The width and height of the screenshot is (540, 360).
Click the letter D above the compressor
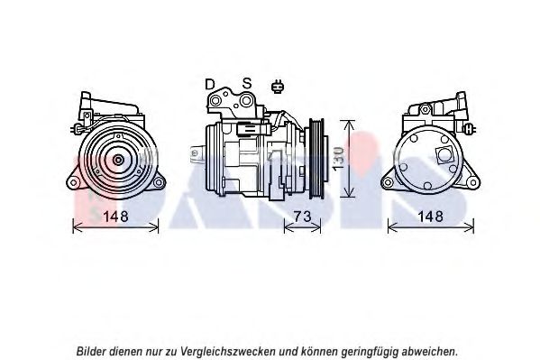tap(210, 84)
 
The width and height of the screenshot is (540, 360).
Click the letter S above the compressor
tap(247, 83)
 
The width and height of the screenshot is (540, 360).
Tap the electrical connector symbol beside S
tap(277, 87)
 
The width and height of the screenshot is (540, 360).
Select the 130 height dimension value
tap(339, 158)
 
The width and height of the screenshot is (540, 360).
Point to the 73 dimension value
tap(302, 217)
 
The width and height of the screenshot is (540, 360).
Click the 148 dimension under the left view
tap(115, 217)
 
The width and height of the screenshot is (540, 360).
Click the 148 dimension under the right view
tap(430, 217)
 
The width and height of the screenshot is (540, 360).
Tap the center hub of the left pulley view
tap(118, 160)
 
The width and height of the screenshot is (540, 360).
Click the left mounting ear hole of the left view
tap(73, 182)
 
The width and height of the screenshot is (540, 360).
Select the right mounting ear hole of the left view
tap(159, 182)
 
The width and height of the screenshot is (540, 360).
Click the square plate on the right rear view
tap(444, 155)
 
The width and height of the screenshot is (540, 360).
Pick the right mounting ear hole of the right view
tap(473, 183)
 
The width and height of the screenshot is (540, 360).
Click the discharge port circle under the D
tap(215, 101)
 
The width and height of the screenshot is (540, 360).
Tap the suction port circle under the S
tap(246, 101)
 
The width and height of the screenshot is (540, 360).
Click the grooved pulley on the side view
tap(316, 159)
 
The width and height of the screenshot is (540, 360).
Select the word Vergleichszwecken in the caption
tap(228, 352)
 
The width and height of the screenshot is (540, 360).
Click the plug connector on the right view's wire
tap(469, 130)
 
